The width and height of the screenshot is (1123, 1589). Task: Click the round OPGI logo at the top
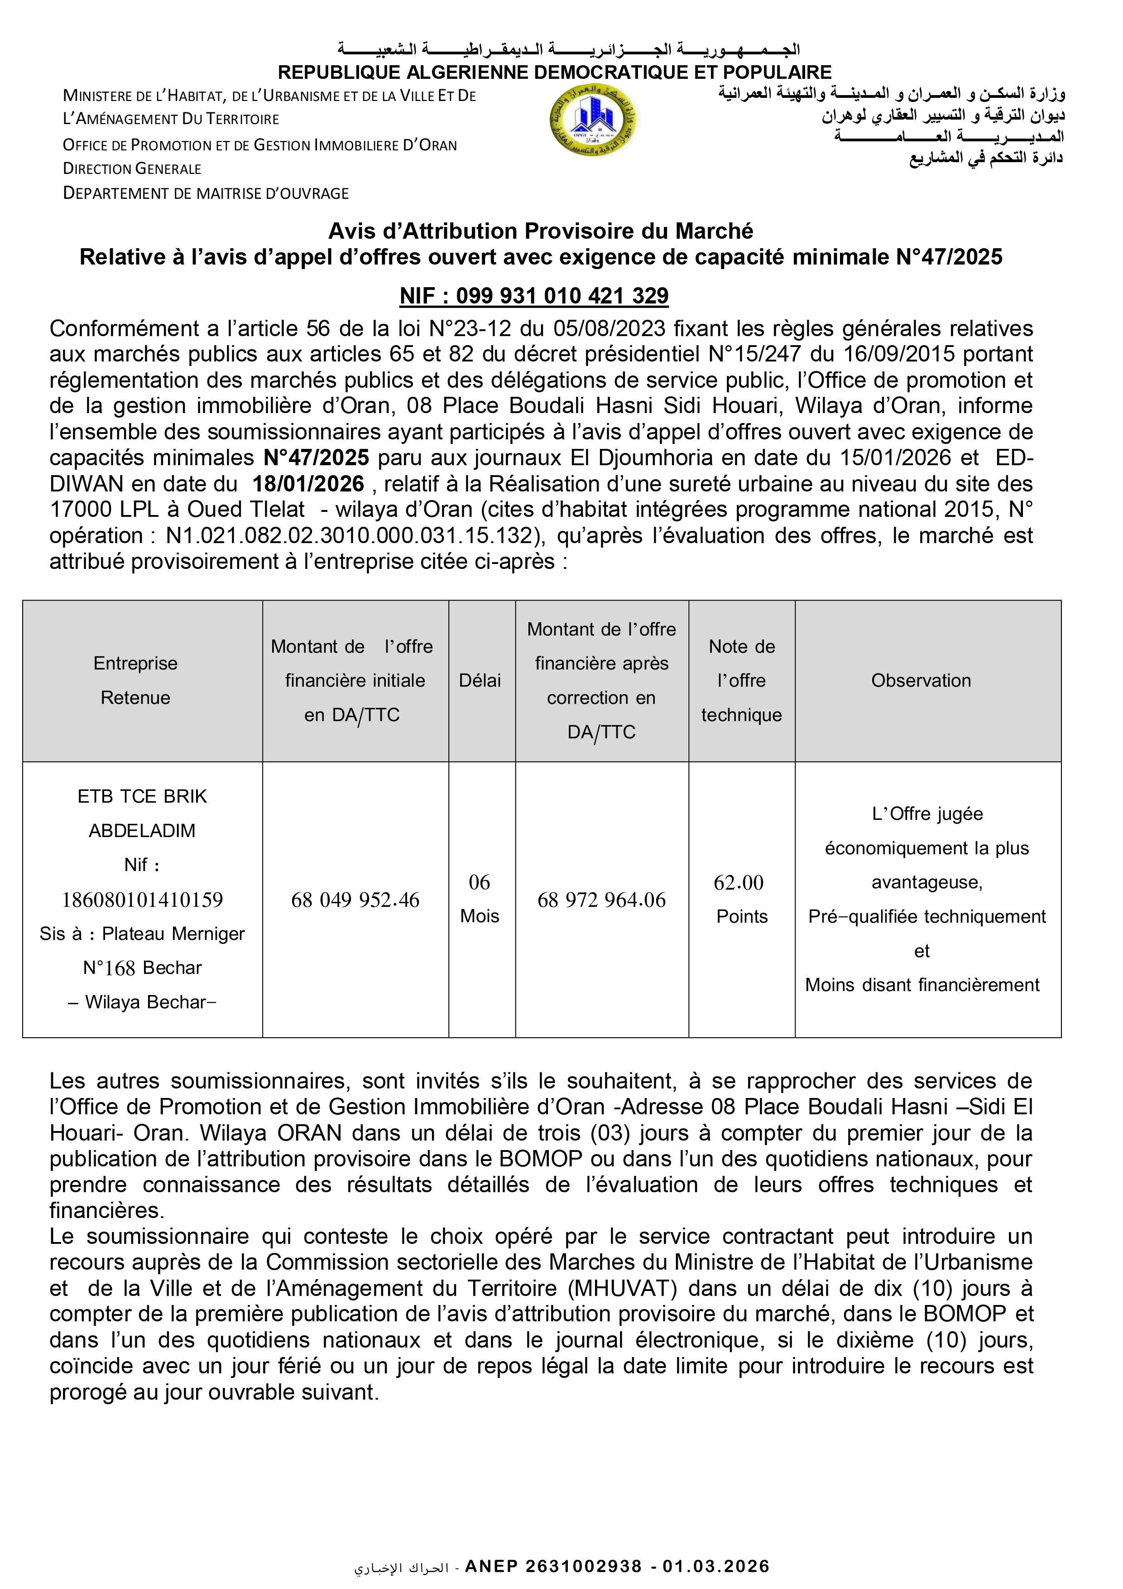(x=593, y=120)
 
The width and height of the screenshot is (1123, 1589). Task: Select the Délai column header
(x=480, y=681)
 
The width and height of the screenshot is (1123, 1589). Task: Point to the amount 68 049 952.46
(x=355, y=900)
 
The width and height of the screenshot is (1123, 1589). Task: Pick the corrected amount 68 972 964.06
(x=601, y=900)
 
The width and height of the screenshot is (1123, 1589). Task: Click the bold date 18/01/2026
(x=308, y=484)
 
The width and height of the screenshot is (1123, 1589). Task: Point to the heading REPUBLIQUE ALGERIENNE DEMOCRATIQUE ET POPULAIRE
(x=554, y=72)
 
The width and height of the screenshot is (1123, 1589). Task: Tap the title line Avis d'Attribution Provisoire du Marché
(x=540, y=231)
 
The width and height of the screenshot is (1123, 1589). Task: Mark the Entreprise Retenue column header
(x=135, y=680)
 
